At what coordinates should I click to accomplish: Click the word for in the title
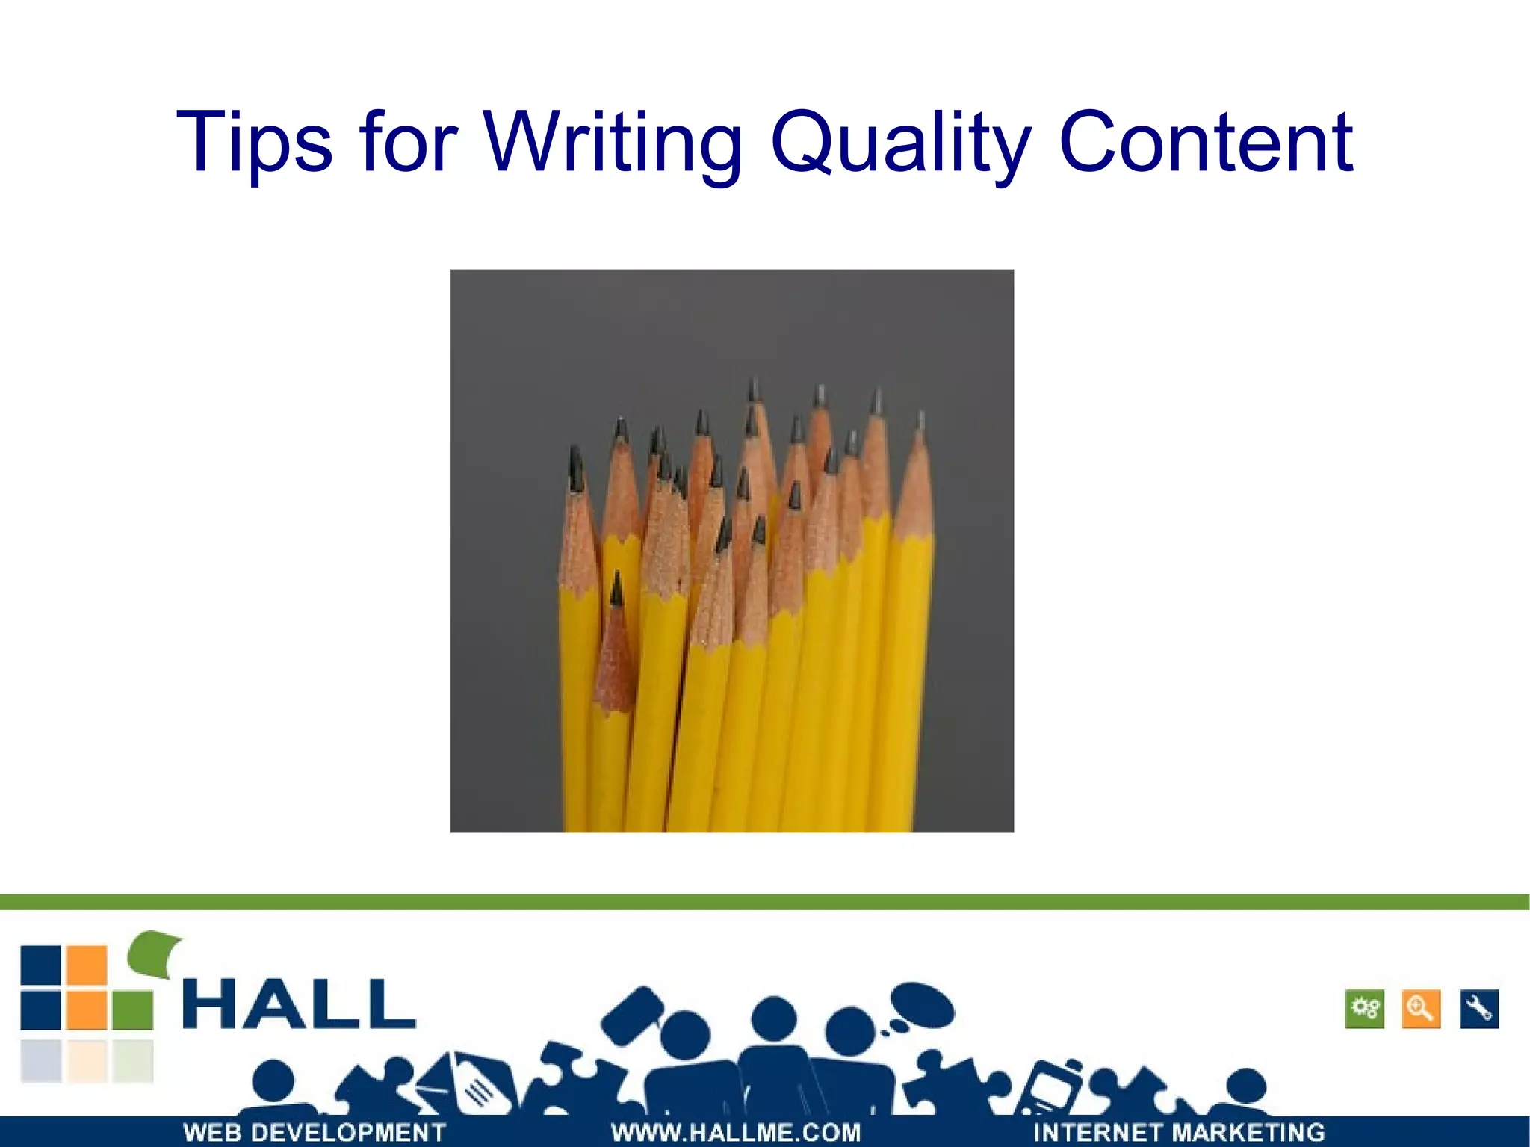coord(407,142)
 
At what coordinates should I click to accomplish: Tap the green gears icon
coord(1364,1010)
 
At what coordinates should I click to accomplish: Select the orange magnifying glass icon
coord(1420,1010)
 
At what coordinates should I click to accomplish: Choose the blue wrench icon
coord(1478,1010)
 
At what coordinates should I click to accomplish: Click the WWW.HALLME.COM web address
coord(736,1132)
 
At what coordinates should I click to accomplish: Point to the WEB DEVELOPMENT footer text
coord(315,1132)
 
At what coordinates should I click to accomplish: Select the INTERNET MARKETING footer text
coord(1178,1132)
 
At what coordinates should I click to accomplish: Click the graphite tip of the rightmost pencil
coord(920,422)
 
